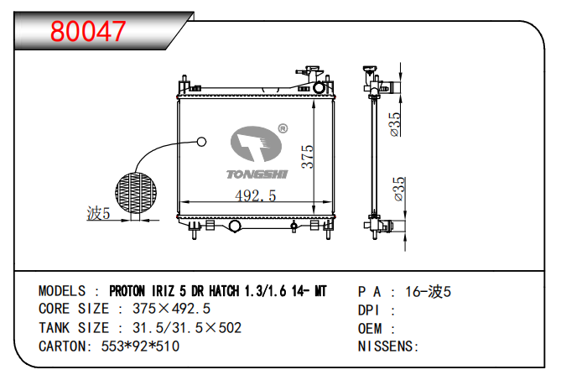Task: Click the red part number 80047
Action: [88, 31]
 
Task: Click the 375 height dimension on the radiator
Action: [307, 156]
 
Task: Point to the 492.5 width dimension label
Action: [256, 195]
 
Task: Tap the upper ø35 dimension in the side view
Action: [395, 124]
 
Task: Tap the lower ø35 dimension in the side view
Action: [398, 189]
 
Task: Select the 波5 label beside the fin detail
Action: [98, 214]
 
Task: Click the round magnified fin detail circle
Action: [136, 193]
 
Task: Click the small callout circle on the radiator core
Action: [202, 142]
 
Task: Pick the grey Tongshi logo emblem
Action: [256, 143]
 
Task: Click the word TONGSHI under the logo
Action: [257, 174]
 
